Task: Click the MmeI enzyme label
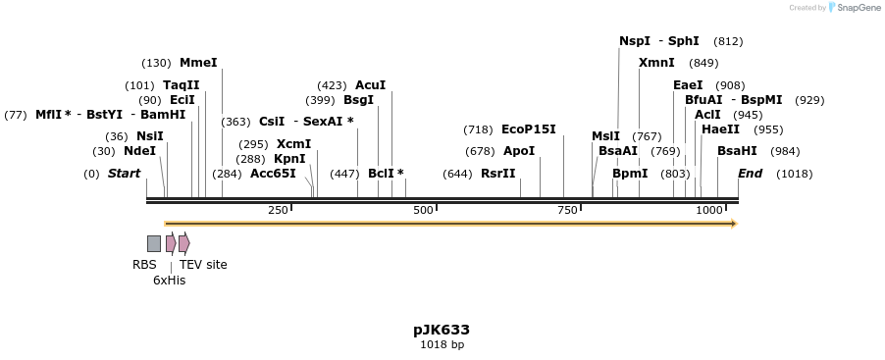point(198,63)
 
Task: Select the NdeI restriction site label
point(139,151)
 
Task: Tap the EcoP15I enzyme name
point(528,129)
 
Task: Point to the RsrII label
point(497,174)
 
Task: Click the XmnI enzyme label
point(656,63)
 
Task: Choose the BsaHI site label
point(737,151)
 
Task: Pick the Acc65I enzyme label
point(273,174)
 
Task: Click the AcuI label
point(370,85)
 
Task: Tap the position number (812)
point(728,41)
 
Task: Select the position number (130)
point(156,63)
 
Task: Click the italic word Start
point(124,174)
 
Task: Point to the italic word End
point(750,174)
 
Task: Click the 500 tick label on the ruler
point(423,211)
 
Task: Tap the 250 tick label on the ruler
point(278,211)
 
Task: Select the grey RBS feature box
point(154,243)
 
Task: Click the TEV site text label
point(203,265)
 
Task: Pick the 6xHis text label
point(169,281)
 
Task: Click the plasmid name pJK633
point(442,330)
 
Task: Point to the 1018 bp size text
point(442,345)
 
